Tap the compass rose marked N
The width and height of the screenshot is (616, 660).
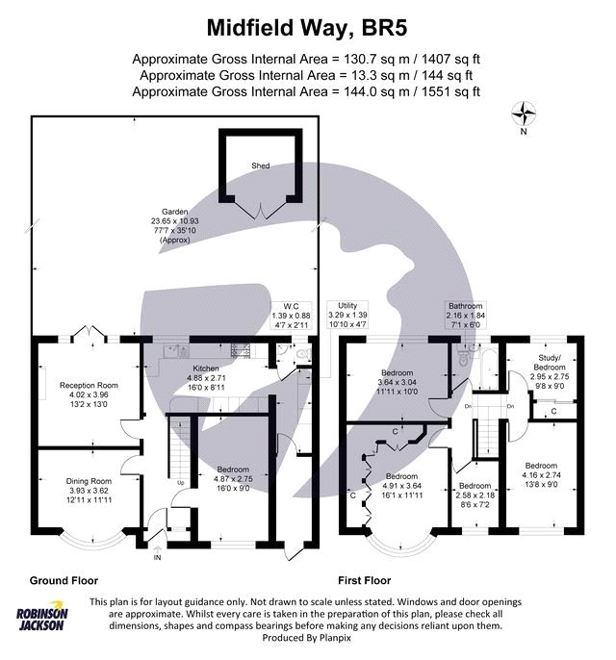525,117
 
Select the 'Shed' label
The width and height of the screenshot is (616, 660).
260,165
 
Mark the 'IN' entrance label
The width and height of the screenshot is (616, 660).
157,558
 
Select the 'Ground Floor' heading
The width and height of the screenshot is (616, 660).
61,580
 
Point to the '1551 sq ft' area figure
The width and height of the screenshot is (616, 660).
448,91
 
